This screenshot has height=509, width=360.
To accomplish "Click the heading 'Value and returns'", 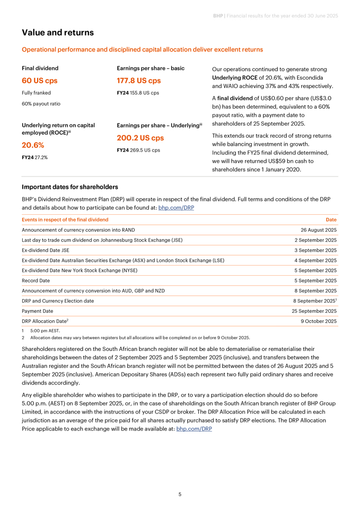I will pos(58,33).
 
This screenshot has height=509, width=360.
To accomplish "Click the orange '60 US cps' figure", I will pos(40,81).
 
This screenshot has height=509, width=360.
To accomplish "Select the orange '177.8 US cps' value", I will pos(138,81).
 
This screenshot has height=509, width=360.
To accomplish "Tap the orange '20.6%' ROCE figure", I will pos(33,145).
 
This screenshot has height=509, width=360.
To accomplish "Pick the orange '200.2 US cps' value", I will pos(141,138).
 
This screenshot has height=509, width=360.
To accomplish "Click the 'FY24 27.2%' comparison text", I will pos(34,157).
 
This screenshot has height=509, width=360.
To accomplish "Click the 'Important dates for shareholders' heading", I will pos(69,187).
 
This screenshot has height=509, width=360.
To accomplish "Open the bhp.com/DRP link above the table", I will pos(176,208).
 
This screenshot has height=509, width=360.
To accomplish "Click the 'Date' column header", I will pos(331,220).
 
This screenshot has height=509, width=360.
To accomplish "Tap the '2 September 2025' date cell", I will pos(315,240).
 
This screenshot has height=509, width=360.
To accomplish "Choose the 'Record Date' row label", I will pos(36,280).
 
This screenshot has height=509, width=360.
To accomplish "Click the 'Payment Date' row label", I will pos(37,311).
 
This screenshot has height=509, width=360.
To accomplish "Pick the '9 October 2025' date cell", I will pos(319,321).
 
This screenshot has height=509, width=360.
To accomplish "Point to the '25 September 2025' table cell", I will pos(314,311).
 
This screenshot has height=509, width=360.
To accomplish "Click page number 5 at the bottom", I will pos(180,494).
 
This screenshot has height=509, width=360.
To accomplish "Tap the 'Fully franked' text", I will pos(37,93).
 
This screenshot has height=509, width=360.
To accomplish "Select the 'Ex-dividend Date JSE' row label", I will pos(46,250).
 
